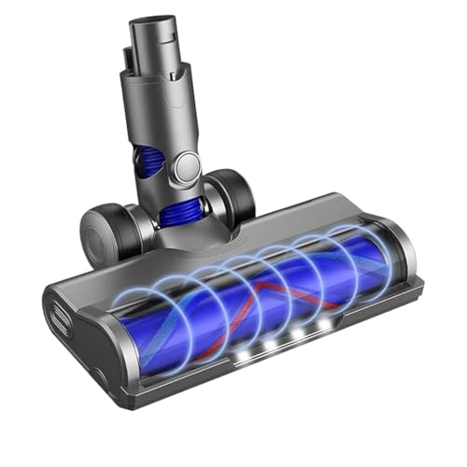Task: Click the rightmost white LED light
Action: (x=324, y=324)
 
